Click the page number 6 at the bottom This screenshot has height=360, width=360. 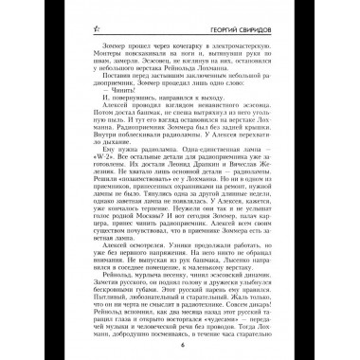coord(181,346)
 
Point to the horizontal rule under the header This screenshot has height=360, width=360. coord(180,36)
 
